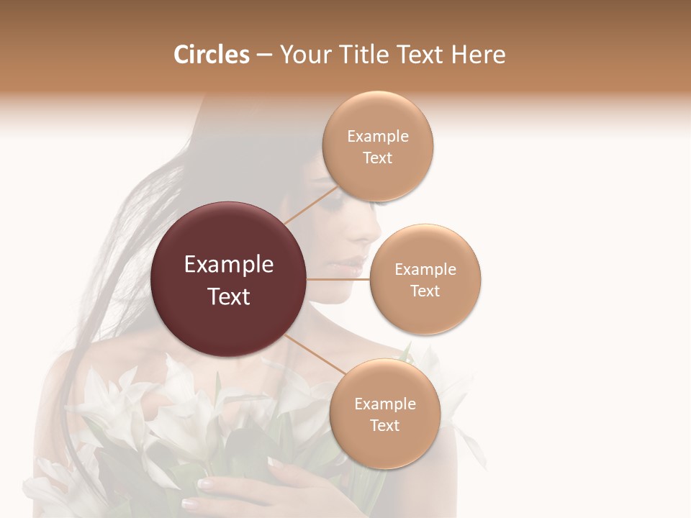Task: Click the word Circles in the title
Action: [x=211, y=55]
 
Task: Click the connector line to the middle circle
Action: [x=338, y=279]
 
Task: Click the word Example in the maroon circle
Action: [x=229, y=265]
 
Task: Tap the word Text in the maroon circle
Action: [x=229, y=296]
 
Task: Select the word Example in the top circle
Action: [x=377, y=137]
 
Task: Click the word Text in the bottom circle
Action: [x=384, y=425]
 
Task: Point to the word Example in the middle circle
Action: [x=425, y=270]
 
